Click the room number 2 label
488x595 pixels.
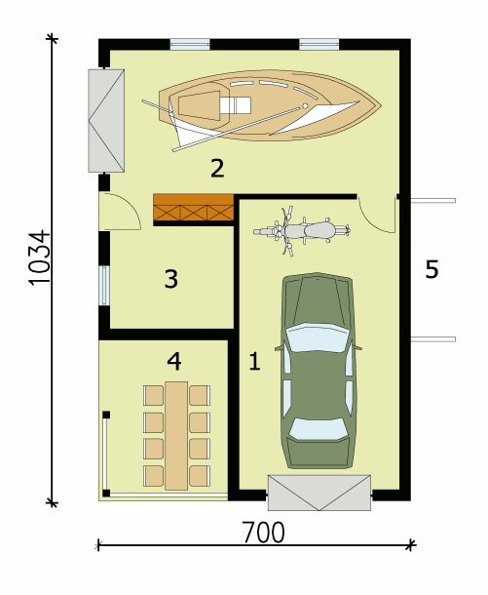coord(217,169)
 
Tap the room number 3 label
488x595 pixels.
coord(171,279)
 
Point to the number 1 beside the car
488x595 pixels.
coord(254,361)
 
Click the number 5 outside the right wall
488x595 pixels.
coord(432,269)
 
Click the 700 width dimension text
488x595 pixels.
coord(264,533)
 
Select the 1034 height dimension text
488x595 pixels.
coord(39,257)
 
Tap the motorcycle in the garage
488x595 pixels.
coord(302,231)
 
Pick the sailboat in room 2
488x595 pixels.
coord(261,108)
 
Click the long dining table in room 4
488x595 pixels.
coord(176,436)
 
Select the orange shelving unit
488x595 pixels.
coord(193,207)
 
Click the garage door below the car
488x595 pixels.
coord(319,493)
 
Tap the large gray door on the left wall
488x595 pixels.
coord(106,121)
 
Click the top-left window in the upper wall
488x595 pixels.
coord(190,45)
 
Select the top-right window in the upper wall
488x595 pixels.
coord(319,45)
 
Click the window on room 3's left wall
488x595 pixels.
coord(104,286)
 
